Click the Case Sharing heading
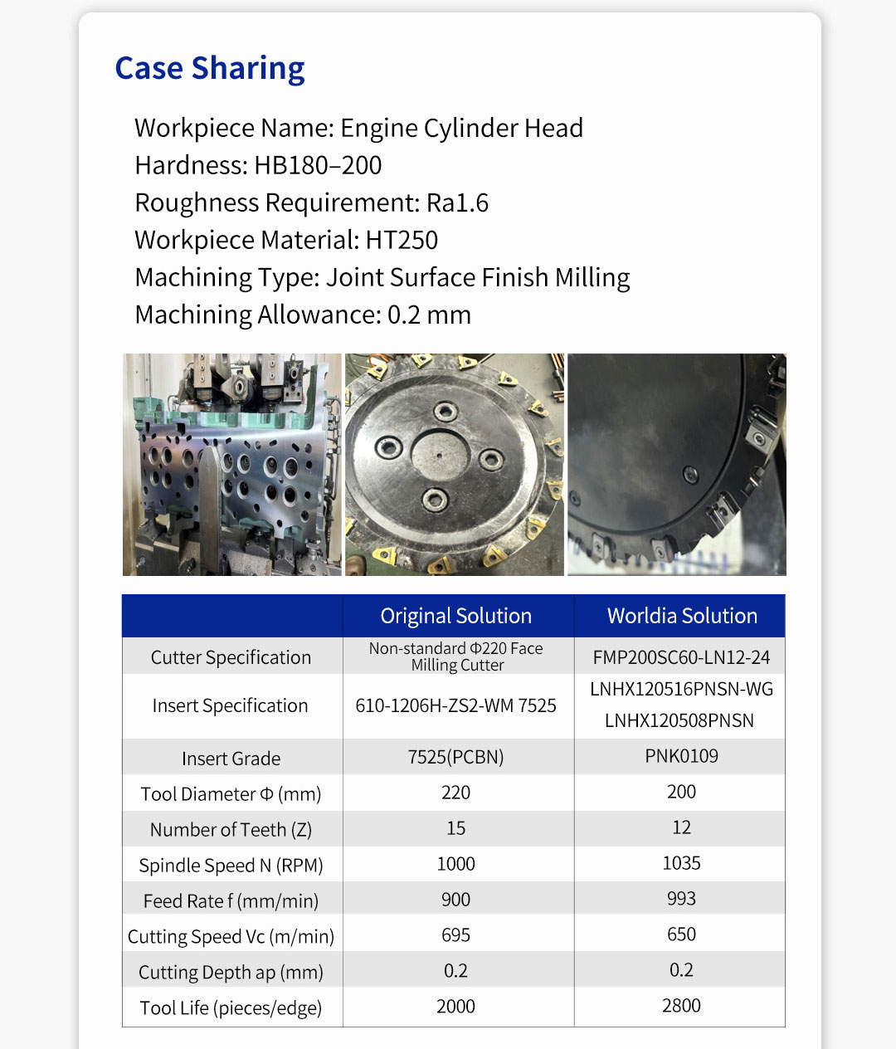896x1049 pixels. [209, 68]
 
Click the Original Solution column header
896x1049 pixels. [455, 616]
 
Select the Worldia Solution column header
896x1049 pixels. [681, 616]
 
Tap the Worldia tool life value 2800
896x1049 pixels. [681, 1006]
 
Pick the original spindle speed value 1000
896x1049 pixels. [455, 864]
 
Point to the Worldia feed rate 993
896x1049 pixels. [681, 899]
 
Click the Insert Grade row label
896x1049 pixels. [231, 759]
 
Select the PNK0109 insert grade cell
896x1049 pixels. [681, 756]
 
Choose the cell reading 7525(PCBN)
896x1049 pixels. [455, 757]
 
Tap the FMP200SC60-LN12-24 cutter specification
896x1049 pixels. [681, 657]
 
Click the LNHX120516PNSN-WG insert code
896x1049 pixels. [681, 689]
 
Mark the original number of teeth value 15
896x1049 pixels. [455, 828]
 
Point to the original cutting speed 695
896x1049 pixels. [455, 935]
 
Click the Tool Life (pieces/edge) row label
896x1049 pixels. [231, 1008]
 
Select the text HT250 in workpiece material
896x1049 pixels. [402, 240]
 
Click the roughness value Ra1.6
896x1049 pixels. [457, 202]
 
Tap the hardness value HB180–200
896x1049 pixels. [318, 165]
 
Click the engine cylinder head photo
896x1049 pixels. [231, 465]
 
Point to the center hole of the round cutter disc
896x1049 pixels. [438, 454]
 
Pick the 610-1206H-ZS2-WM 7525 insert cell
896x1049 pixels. [455, 705]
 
